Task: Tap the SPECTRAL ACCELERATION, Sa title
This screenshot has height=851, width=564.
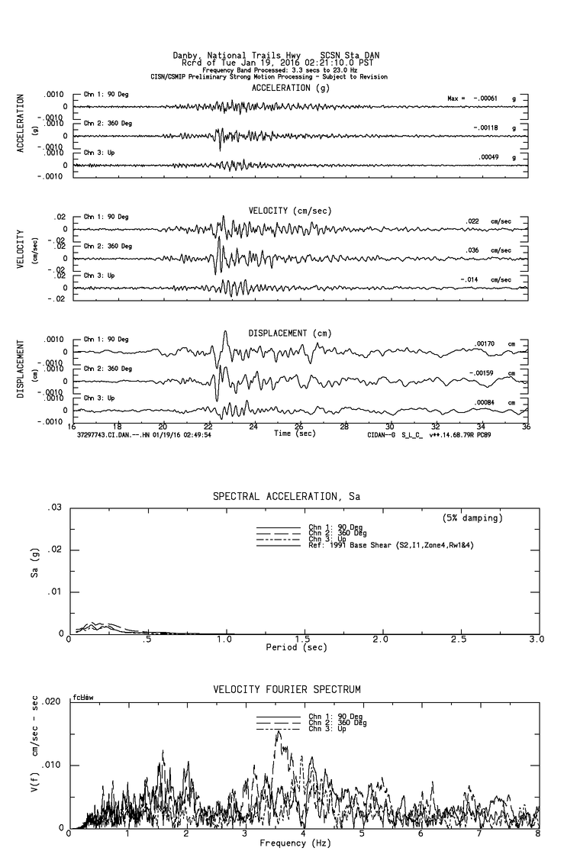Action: tap(286, 497)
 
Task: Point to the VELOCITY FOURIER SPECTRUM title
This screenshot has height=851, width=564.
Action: tap(286, 690)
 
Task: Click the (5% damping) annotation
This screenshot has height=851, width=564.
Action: tap(473, 518)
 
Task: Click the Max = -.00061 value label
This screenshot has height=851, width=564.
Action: tap(474, 98)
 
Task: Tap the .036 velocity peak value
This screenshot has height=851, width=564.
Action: tap(474, 250)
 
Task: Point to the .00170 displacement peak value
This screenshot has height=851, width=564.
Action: tap(485, 344)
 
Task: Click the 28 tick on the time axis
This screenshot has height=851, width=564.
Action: tap(344, 427)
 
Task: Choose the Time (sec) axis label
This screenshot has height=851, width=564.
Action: tap(294, 434)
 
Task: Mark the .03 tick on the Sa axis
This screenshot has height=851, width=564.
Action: tap(55, 508)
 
